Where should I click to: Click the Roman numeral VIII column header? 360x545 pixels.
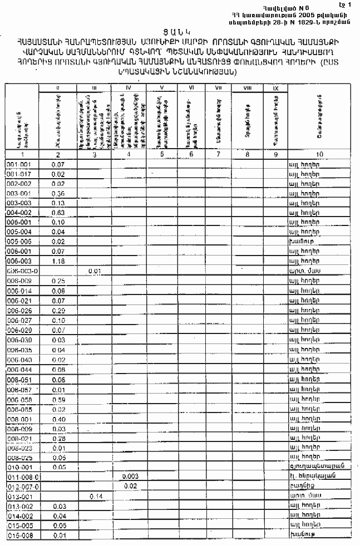[x=246, y=89]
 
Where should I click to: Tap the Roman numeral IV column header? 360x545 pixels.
[x=129, y=89]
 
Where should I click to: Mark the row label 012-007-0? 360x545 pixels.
[x=19, y=487]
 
